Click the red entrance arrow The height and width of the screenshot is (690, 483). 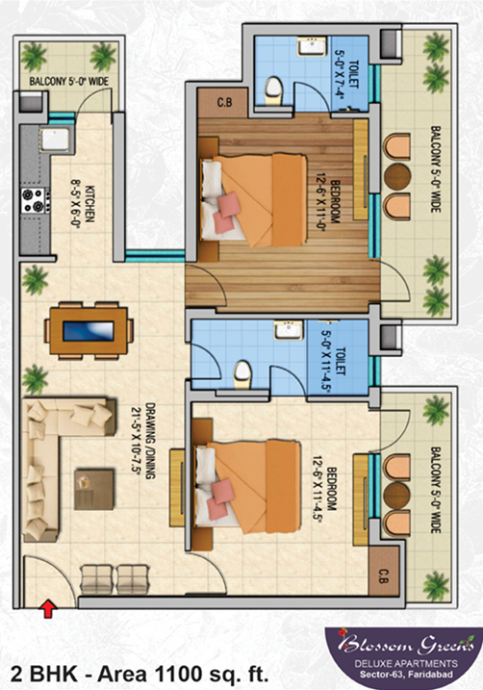[46, 606]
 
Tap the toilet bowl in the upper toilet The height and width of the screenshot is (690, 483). [274, 88]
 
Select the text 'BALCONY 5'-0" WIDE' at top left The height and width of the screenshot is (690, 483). [67, 82]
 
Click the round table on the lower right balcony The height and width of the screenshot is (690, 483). [394, 492]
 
